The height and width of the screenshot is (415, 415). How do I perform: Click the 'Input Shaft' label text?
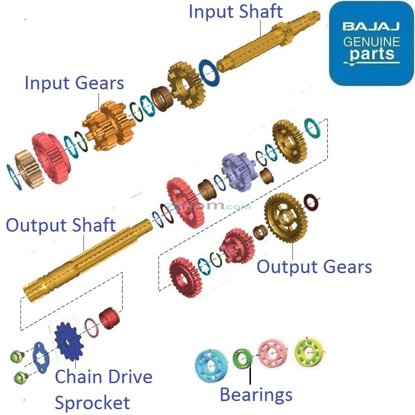pyautogui.click(x=235, y=12)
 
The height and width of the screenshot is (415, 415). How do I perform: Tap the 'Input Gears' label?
pyautogui.click(x=74, y=83)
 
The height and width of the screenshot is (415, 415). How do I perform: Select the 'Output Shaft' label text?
pyautogui.click(x=61, y=225)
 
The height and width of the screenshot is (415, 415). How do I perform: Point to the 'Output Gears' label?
pyautogui.click(x=314, y=266)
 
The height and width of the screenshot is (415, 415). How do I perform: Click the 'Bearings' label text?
pyautogui.click(x=256, y=394)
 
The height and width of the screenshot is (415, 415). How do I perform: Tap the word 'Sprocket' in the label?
pyautogui.click(x=92, y=402)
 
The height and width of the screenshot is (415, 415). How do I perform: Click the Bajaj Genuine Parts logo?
pyautogui.click(x=371, y=43)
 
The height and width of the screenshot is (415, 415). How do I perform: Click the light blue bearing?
pyautogui.click(x=211, y=365)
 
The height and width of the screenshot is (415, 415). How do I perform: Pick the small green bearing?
pyautogui.click(x=242, y=359)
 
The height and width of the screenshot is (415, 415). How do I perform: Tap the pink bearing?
pyautogui.click(x=273, y=354)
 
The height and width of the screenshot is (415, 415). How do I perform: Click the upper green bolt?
pyautogui.click(x=17, y=357)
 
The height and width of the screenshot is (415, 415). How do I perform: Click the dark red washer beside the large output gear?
pyautogui.click(x=310, y=202)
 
